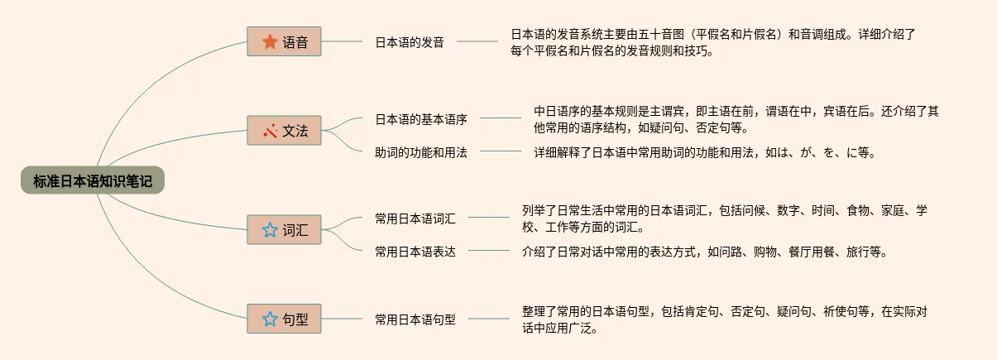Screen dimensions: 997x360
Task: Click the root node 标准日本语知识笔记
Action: (x=93, y=180)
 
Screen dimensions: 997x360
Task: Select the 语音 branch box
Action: (x=284, y=41)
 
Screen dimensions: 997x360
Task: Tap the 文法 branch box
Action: (x=284, y=131)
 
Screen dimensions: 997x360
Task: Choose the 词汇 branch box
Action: (x=284, y=230)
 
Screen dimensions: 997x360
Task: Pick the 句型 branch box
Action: (x=284, y=319)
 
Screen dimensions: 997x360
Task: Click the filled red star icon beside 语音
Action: (x=270, y=41)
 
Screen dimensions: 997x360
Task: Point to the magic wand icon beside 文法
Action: (x=270, y=131)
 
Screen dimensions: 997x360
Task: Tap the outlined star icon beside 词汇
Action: (x=270, y=230)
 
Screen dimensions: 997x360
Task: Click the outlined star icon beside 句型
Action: (x=270, y=319)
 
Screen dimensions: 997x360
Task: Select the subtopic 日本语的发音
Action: (x=410, y=42)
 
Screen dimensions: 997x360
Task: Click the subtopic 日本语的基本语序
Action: (x=421, y=119)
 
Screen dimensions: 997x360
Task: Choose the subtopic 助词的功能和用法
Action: (x=421, y=152)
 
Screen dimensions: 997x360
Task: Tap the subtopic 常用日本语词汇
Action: (x=415, y=218)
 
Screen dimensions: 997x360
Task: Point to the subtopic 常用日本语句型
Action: (x=415, y=319)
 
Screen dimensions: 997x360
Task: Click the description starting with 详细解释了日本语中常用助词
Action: (x=704, y=152)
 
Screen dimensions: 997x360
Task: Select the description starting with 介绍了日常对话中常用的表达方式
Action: (x=704, y=252)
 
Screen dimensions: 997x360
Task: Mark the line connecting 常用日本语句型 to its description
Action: (x=488, y=319)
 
